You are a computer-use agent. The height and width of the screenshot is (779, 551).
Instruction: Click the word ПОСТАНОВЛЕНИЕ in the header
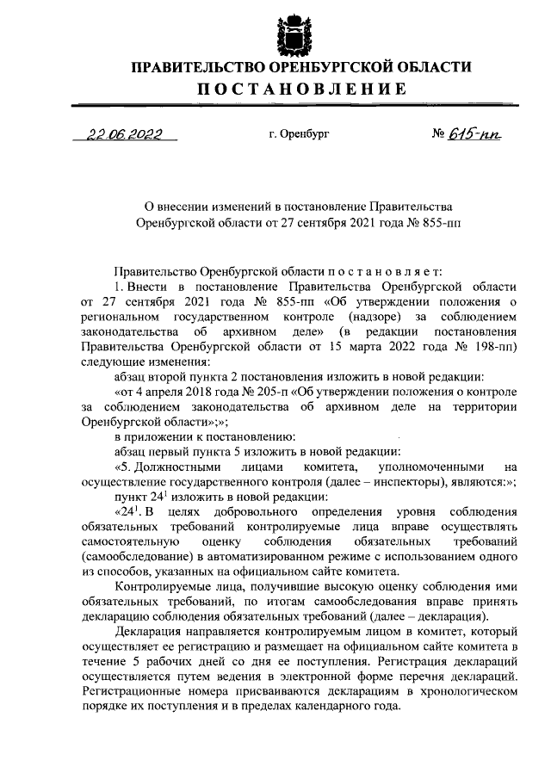[x=299, y=89]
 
